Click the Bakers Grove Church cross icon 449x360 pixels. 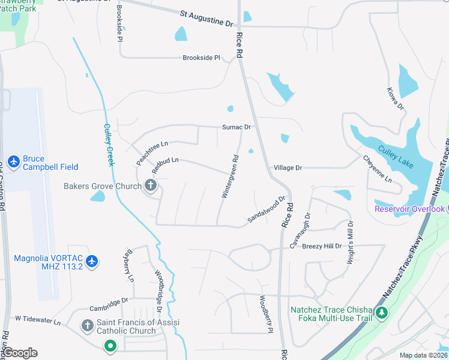(x=151, y=186)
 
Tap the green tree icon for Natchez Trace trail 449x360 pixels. (x=381, y=313)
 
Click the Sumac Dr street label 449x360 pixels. (x=236, y=127)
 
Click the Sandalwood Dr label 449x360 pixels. (x=266, y=211)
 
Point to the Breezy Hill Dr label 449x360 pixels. (x=322, y=246)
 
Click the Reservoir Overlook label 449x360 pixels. (x=410, y=209)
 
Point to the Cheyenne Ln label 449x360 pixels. (x=377, y=170)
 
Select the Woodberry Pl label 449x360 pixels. (x=266, y=314)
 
